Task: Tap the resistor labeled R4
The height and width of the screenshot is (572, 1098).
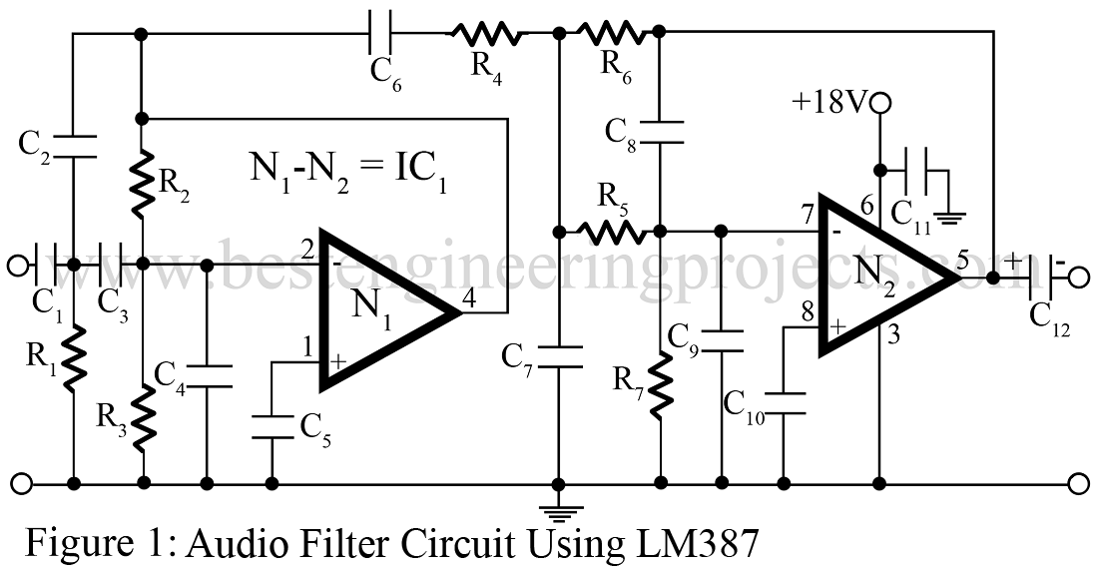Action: click(486, 35)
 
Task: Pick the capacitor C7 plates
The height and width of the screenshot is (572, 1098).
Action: click(559, 357)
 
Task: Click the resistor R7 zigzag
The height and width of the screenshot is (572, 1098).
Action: click(660, 387)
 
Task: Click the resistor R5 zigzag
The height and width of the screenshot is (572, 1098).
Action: click(611, 233)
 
